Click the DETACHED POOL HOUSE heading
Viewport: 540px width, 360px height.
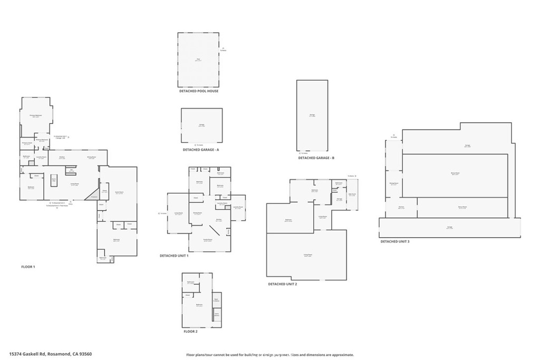198,91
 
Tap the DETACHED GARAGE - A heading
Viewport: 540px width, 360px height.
200,150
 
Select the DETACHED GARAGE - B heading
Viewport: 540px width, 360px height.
316,158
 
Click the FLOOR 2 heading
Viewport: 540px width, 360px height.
190,332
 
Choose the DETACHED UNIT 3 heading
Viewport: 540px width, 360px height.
395,241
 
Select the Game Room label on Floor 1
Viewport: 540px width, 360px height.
119,192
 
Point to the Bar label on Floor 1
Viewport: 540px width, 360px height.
71,170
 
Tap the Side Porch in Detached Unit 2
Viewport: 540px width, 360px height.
352,196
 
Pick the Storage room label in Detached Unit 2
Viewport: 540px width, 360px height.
339,199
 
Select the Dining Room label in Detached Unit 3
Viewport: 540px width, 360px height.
393,183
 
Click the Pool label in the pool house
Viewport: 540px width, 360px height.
198,59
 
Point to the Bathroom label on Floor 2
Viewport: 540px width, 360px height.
190,283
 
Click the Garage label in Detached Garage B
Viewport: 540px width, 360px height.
312,115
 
